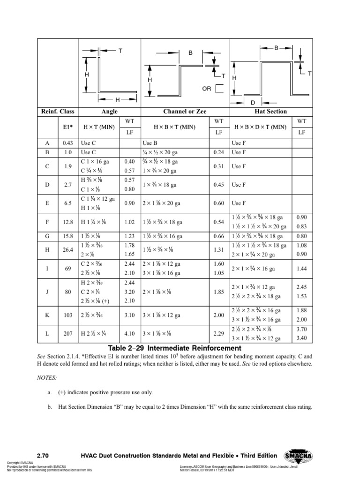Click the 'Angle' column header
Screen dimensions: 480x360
(109, 112)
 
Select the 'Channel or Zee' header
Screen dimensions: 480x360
(184, 112)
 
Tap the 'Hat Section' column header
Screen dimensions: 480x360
(271, 112)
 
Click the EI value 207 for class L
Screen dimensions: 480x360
(68, 334)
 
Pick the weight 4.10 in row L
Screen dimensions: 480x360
(129, 334)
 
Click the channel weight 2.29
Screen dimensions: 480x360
(218, 334)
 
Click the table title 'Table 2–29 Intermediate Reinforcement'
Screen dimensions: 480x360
(174, 348)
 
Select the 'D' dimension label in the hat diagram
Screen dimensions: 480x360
(253, 102)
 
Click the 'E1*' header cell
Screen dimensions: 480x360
(68, 127)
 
